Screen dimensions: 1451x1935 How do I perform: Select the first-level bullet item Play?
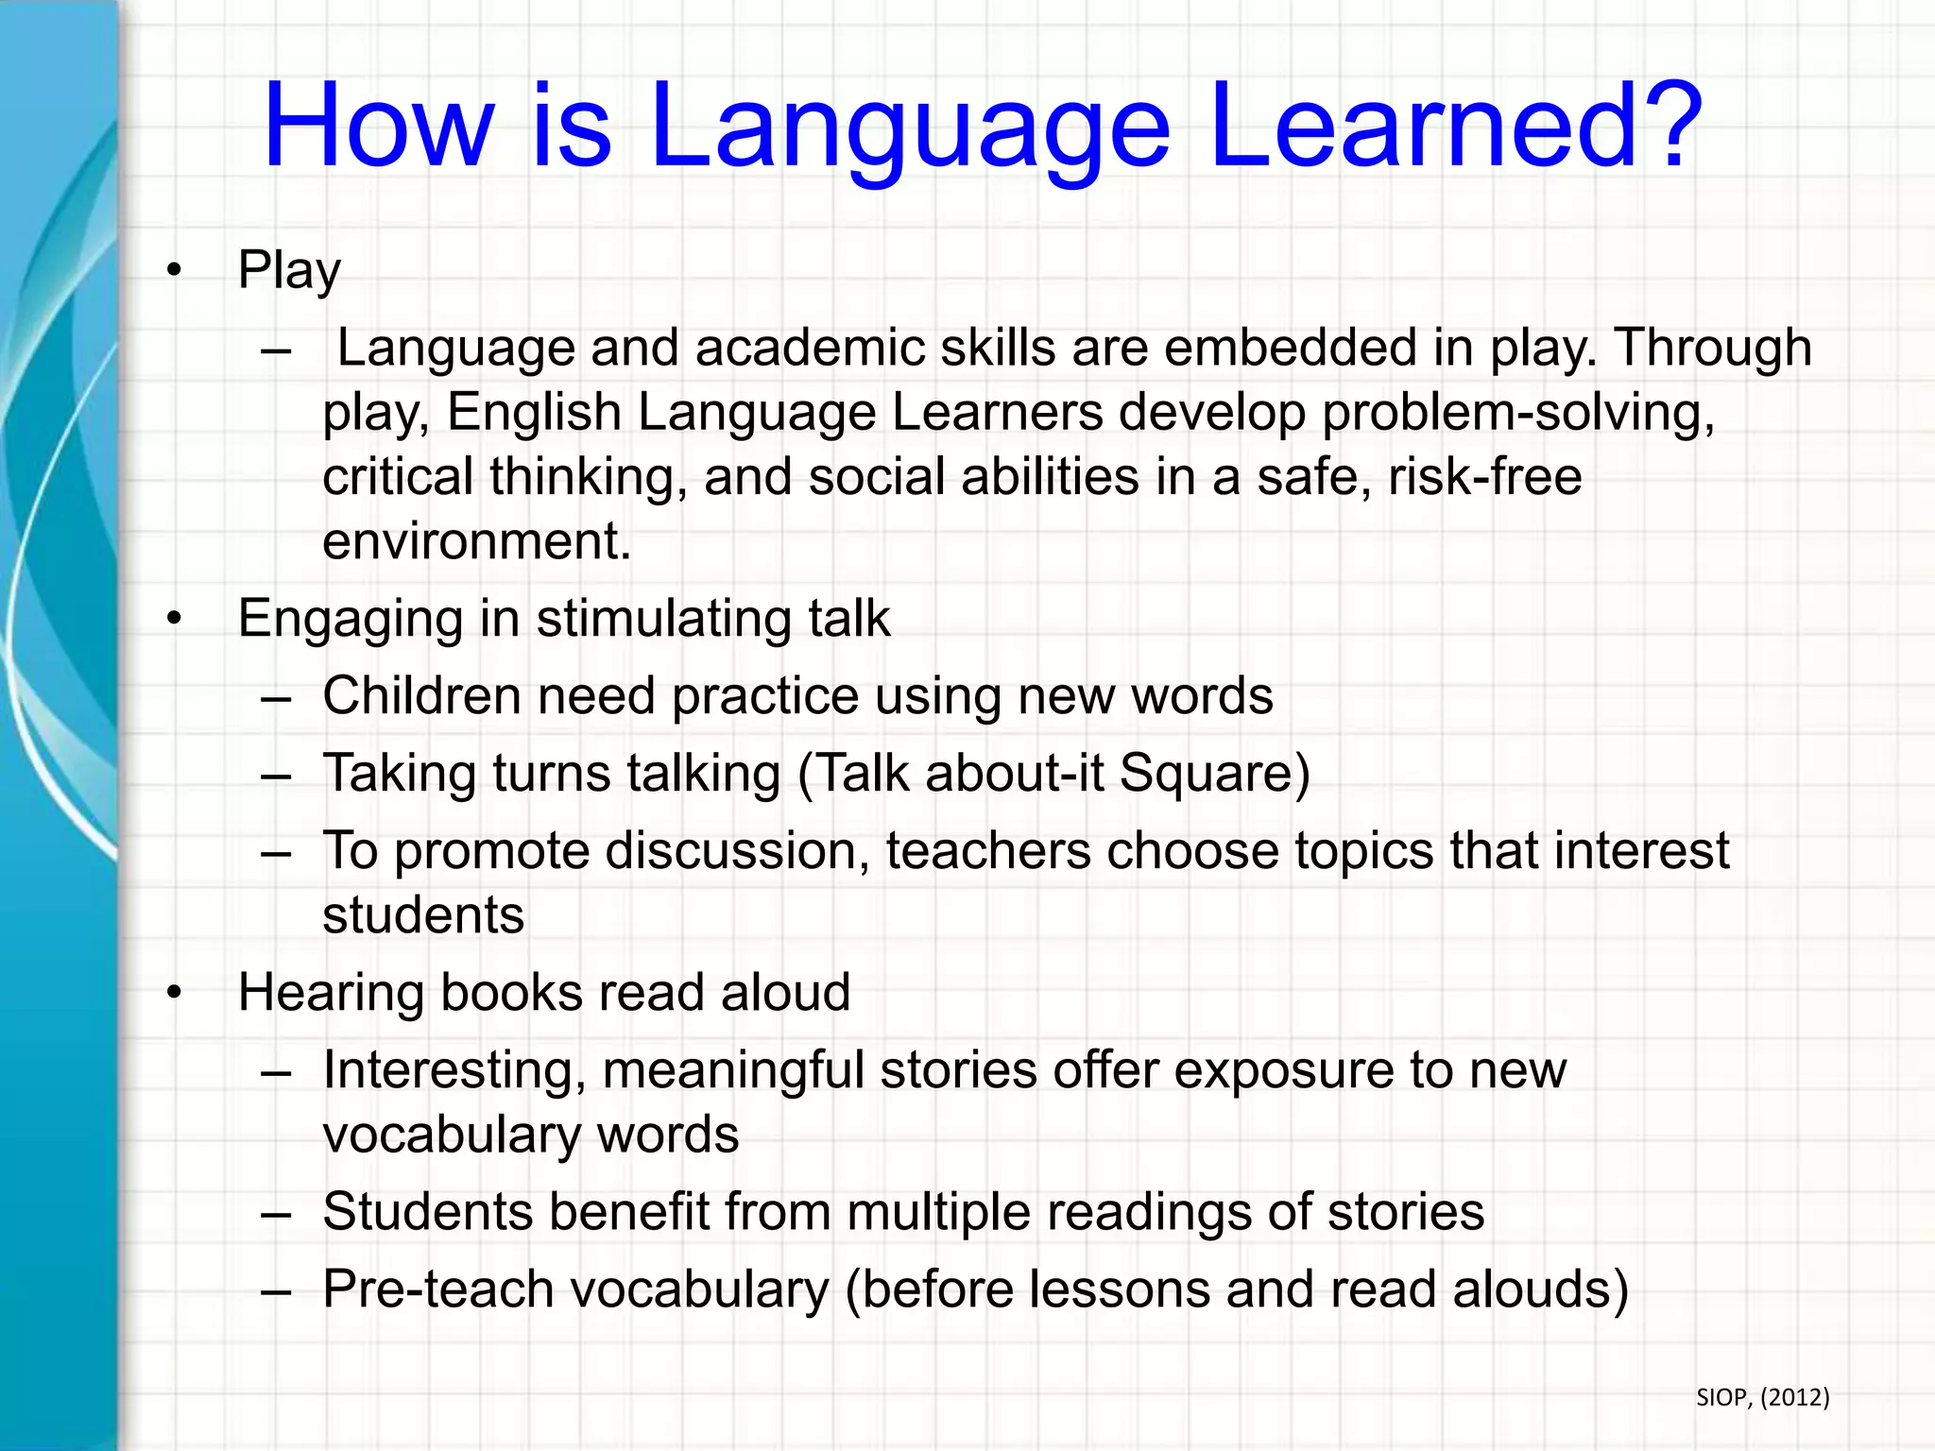click(289, 271)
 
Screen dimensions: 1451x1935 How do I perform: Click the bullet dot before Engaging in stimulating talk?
click(173, 620)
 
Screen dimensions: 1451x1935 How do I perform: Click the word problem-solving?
click(1517, 413)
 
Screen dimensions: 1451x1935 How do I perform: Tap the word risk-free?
click(1484, 477)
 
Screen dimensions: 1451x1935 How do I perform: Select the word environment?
click(475, 541)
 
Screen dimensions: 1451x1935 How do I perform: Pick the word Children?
click(421, 696)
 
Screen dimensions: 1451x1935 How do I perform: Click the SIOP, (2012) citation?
click(1762, 1397)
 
